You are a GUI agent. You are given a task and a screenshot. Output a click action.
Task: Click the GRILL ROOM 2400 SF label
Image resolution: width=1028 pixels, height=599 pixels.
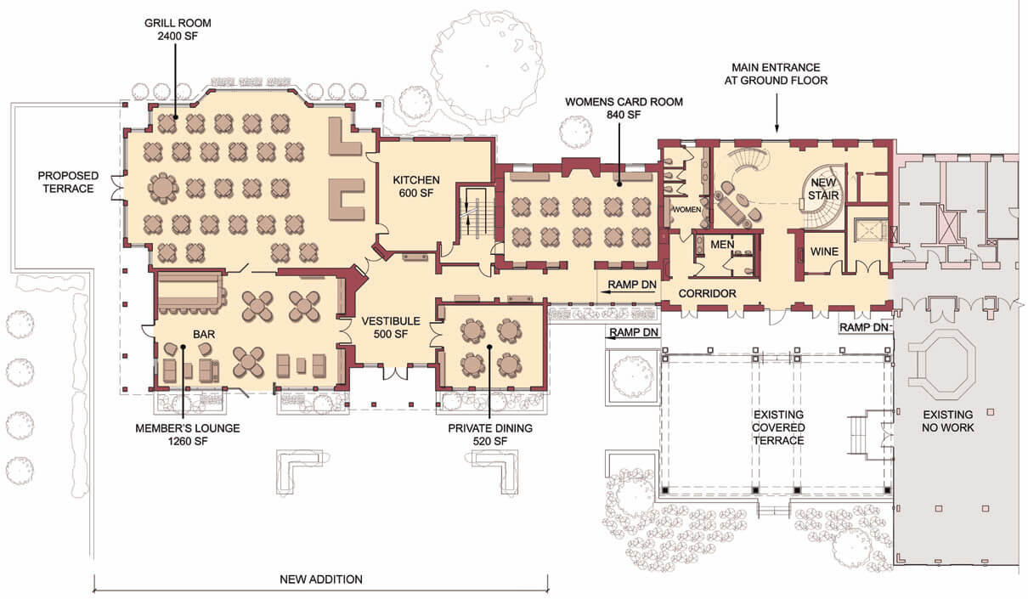tap(178, 30)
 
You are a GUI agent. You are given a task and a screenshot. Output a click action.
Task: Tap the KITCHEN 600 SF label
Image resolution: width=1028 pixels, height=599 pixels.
tap(416, 186)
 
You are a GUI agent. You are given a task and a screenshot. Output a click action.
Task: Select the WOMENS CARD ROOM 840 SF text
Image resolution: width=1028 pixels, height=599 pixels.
tap(624, 108)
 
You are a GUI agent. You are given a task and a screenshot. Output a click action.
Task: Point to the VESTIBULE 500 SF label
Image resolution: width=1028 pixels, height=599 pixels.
tap(391, 327)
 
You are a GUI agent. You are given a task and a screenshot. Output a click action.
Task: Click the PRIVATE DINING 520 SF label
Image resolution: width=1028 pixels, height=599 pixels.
tap(490, 435)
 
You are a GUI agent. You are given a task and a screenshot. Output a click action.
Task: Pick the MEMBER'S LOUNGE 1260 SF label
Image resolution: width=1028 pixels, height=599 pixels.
tap(188, 435)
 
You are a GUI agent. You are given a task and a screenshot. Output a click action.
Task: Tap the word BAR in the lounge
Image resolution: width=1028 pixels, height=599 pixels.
tap(204, 334)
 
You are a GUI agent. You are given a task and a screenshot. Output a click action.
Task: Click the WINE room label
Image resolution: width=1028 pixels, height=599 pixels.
tap(824, 251)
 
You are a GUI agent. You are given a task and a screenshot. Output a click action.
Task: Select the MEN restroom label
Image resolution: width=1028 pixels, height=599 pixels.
tap(722, 245)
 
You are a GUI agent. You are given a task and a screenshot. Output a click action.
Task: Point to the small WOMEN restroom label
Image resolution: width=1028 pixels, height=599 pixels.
tap(686, 209)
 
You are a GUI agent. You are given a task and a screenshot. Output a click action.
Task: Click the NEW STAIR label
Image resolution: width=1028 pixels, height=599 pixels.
tap(823, 189)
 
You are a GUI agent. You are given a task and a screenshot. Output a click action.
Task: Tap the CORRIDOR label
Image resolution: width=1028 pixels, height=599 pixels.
tap(707, 293)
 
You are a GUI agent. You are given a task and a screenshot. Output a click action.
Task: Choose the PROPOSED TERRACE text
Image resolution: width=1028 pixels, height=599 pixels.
tap(68, 182)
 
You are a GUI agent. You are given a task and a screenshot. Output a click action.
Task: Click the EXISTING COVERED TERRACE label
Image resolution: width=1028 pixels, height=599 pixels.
tap(778, 427)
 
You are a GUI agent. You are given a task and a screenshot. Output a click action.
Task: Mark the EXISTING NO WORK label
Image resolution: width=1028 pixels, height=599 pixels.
tap(947, 421)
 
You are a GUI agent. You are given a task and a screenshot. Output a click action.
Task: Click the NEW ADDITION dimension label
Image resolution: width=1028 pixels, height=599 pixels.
tap(321, 579)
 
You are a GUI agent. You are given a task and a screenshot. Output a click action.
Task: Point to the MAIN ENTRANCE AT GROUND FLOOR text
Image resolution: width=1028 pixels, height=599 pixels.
tap(776, 74)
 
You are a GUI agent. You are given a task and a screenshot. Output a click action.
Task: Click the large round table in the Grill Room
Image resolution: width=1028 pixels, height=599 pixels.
tap(162, 188)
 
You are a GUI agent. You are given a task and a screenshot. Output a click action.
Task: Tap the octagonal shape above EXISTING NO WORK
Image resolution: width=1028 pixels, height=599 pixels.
tap(941, 364)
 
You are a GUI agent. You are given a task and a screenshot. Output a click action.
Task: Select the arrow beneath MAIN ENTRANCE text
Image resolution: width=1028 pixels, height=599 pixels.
tap(777, 113)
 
